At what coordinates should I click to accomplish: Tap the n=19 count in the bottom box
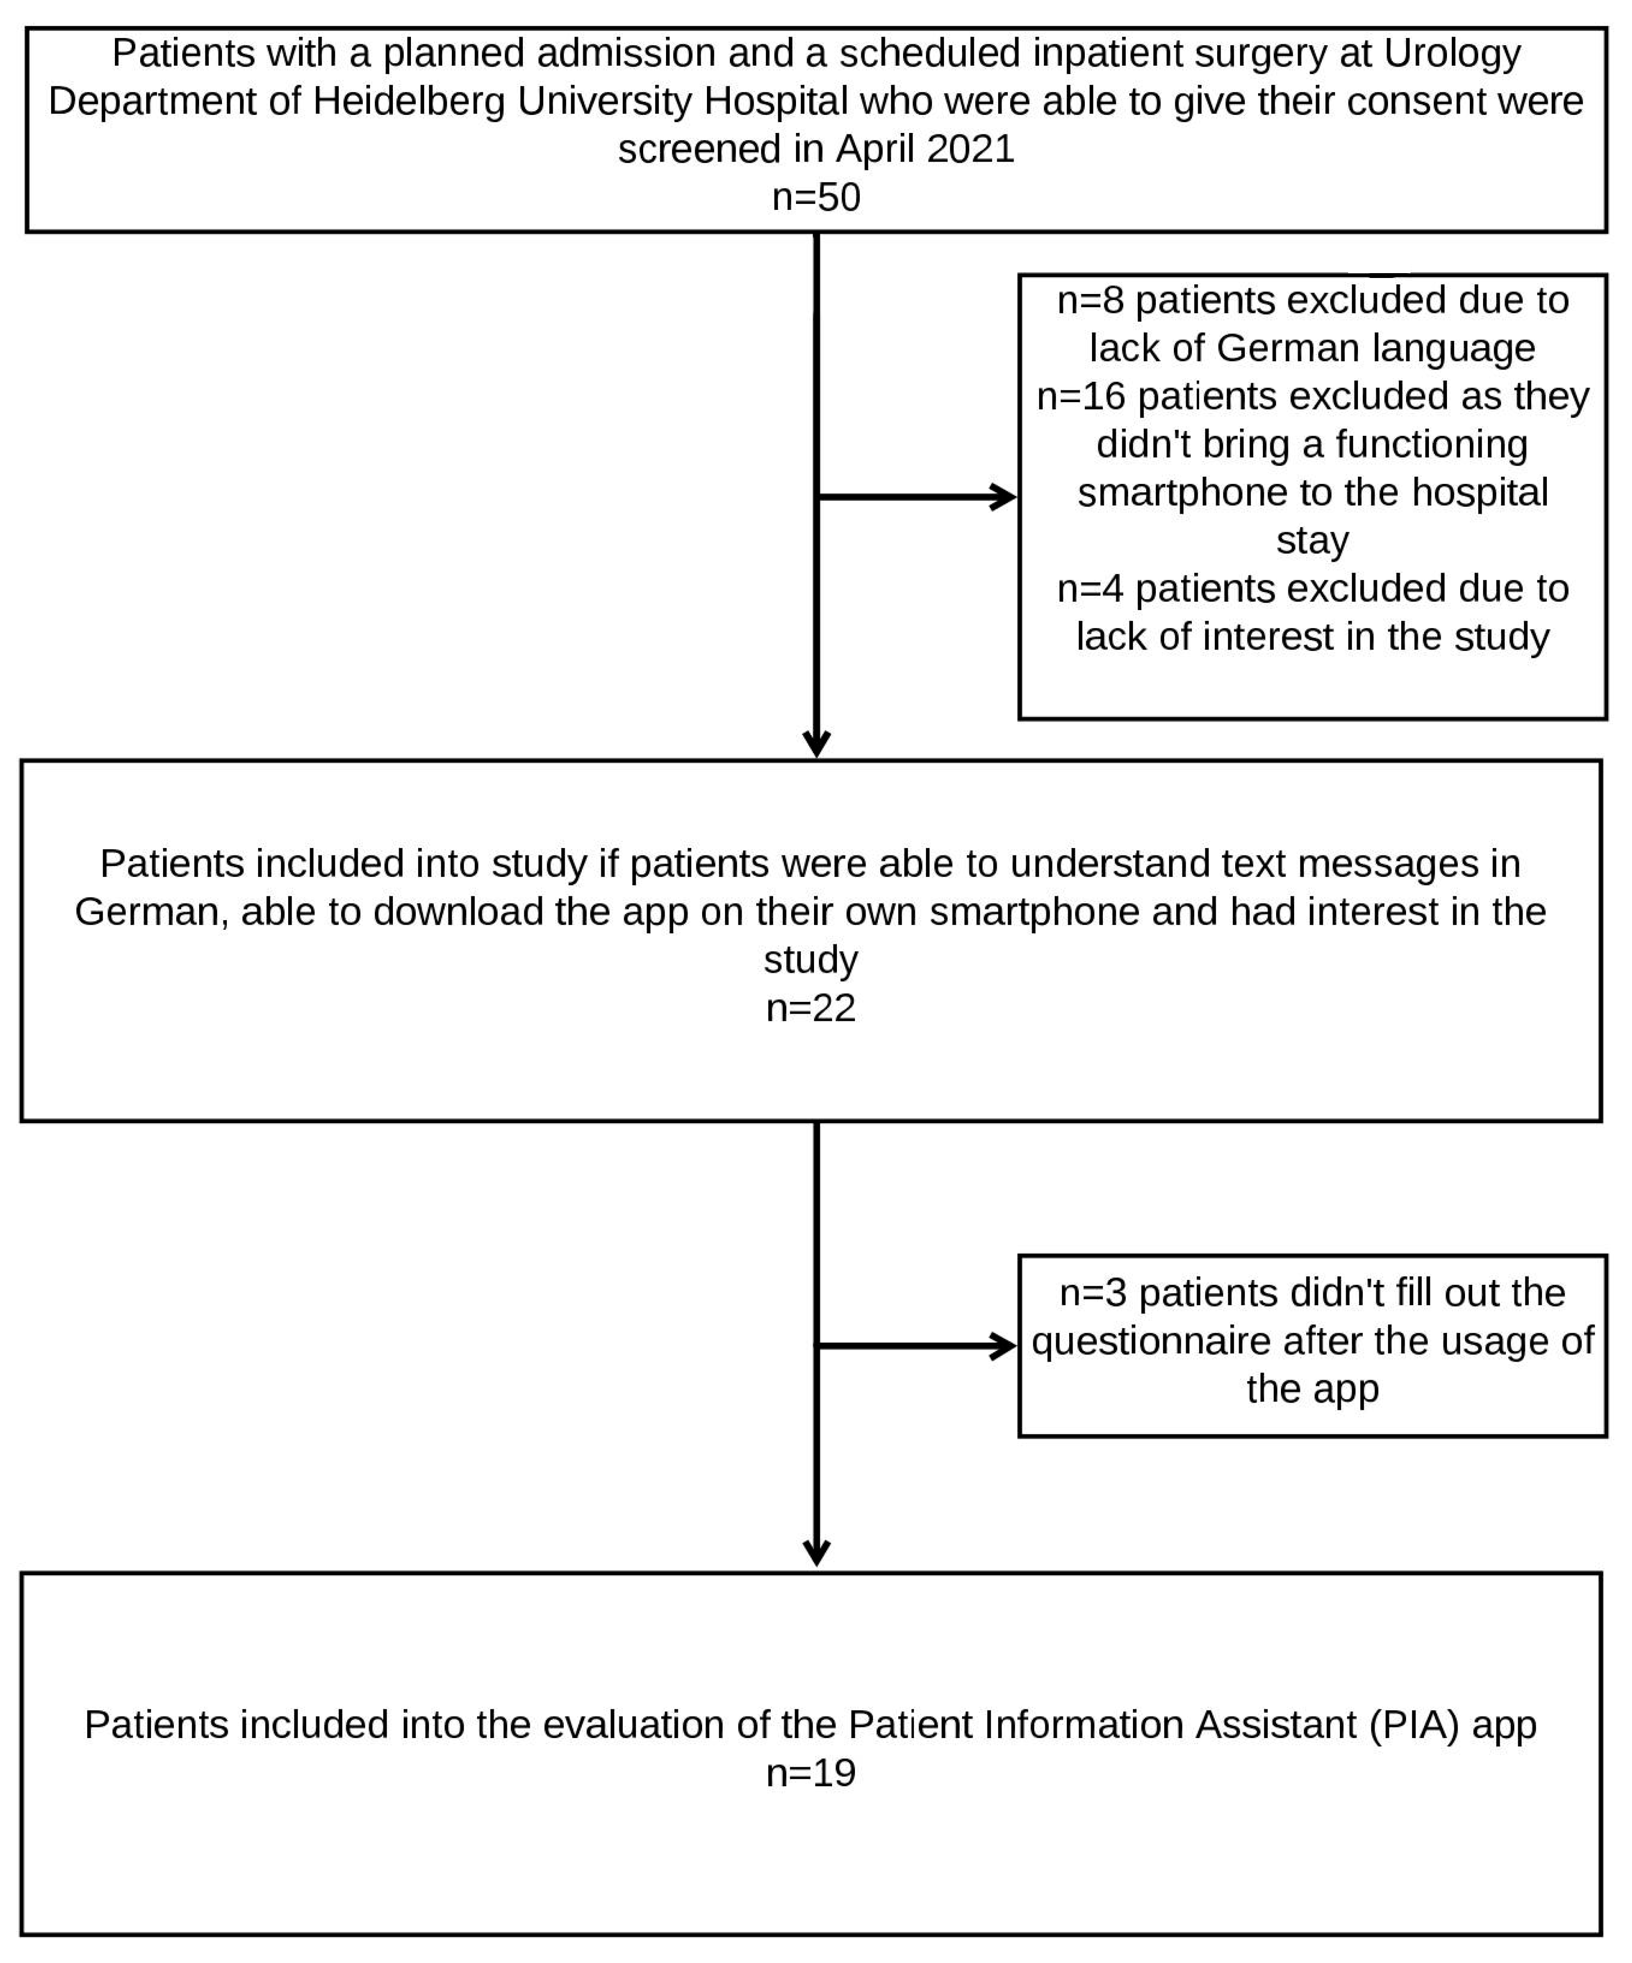pos(810,1773)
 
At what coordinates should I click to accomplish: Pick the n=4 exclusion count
pos(1090,589)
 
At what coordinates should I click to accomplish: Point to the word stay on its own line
pos(1312,540)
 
